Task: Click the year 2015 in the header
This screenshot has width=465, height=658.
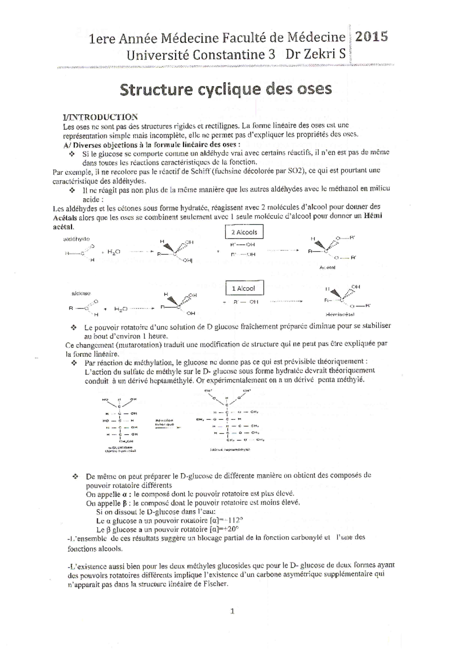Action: [371, 37]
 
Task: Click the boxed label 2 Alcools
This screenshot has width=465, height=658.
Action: [244, 232]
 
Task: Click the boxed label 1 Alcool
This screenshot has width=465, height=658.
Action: [243, 288]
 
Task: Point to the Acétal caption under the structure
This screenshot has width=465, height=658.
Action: [328, 268]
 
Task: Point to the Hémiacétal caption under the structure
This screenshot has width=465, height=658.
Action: [340, 314]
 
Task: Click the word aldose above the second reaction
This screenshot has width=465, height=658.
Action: [81, 294]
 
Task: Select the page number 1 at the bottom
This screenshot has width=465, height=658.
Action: [232, 611]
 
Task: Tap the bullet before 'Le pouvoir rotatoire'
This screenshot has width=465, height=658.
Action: [74, 327]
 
